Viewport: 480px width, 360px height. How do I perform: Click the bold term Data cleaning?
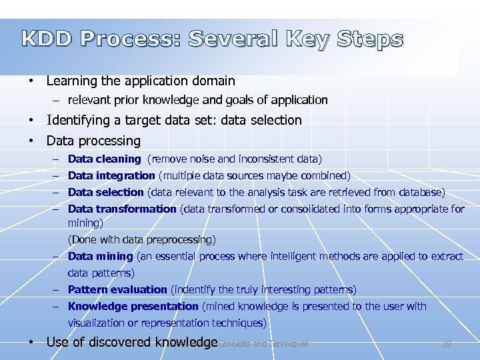pyautogui.click(x=104, y=159)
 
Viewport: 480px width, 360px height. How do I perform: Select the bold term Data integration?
pyautogui.click(x=111, y=176)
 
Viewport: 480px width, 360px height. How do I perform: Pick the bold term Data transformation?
pyautogui.click(x=122, y=209)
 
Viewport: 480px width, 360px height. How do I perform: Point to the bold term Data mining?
pyautogui.click(x=100, y=256)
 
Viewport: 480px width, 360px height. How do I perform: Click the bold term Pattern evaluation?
pyautogui.click(x=117, y=290)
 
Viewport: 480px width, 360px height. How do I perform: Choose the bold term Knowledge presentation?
pyautogui.click(x=133, y=307)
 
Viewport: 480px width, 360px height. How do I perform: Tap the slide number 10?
pyautogui.click(x=447, y=344)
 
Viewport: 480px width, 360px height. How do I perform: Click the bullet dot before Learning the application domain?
pyautogui.click(x=31, y=81)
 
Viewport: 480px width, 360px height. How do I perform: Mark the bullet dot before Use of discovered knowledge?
pyautogui.click(x=31, y=343)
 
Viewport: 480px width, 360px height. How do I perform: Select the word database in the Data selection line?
pyautogui.click(x=419, y=193)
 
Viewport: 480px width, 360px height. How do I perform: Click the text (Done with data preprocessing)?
pyautogui.click(x=141, y=239)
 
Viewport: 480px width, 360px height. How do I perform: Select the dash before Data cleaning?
pyautogui.click(x=58, y=159)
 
